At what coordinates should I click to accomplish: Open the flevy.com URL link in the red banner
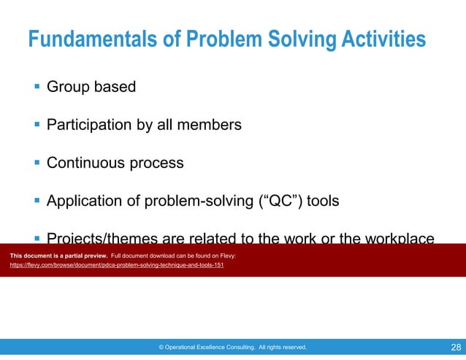tap(117, 265)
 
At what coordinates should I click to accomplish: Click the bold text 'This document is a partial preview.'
tap(58, 256)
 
